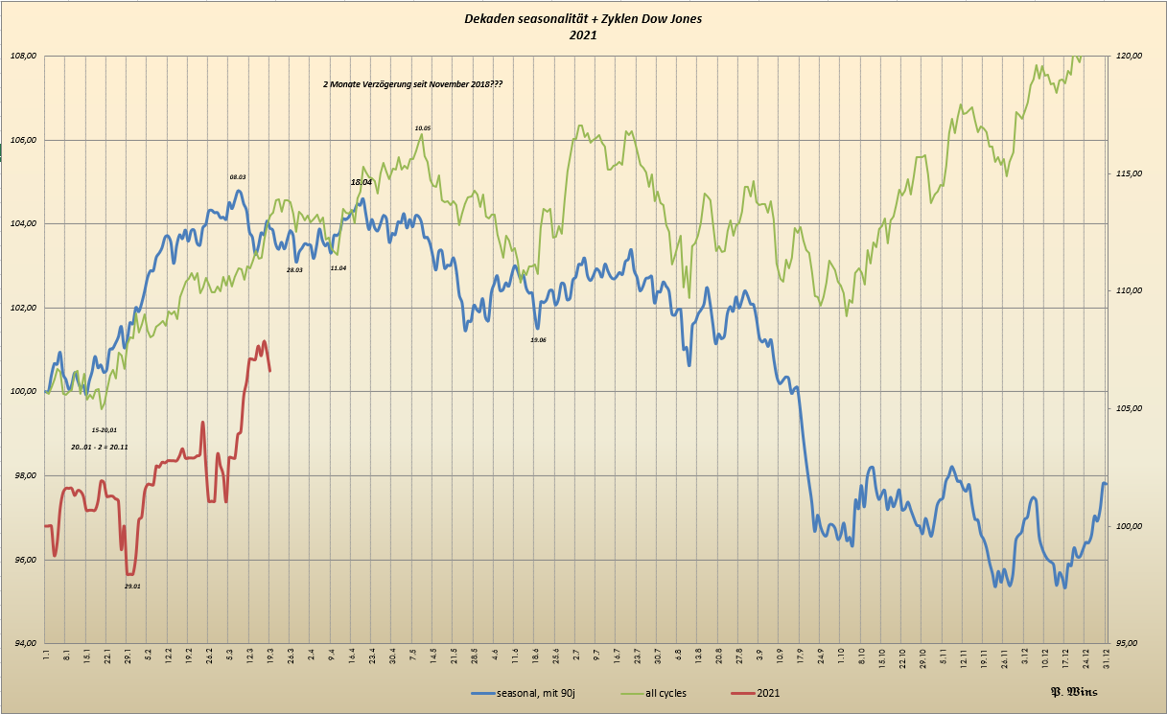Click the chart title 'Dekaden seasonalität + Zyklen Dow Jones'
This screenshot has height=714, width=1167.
click(583, 19)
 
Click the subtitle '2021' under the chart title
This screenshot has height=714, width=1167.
click(583, 35)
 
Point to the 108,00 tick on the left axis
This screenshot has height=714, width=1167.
click(23, 56)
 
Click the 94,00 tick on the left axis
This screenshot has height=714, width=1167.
click(23, 643)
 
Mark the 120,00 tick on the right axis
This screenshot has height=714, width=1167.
click(1129, 57)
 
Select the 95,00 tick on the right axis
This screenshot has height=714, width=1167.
click(1129, 643)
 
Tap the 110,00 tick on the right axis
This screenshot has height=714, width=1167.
click(1129, 291)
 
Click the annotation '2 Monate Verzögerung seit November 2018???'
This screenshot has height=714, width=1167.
click(413, 84)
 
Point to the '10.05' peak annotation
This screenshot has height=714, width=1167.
click(423, 127)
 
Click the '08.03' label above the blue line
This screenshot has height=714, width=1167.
click(238, 177)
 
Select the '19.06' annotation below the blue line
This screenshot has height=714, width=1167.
click(538, 340)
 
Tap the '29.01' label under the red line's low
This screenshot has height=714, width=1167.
click(132, 586)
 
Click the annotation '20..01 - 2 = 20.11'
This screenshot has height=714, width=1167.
click(100, 448)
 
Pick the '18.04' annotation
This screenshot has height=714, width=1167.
click(361, 181)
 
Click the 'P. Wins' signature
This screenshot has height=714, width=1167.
click(1073, 692)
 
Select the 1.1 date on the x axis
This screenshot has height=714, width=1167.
click(46, 656)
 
